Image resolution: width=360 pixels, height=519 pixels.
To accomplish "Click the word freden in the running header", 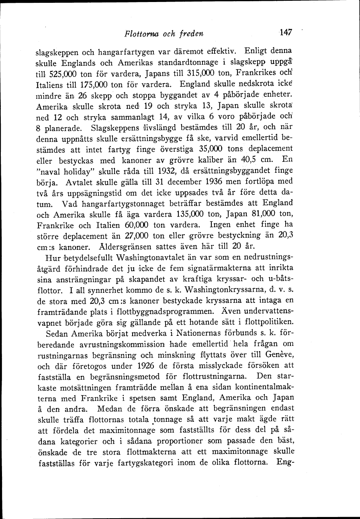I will click(x=189, y=34).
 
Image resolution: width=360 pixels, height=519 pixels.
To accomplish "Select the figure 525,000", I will click(x=60, y=74).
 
